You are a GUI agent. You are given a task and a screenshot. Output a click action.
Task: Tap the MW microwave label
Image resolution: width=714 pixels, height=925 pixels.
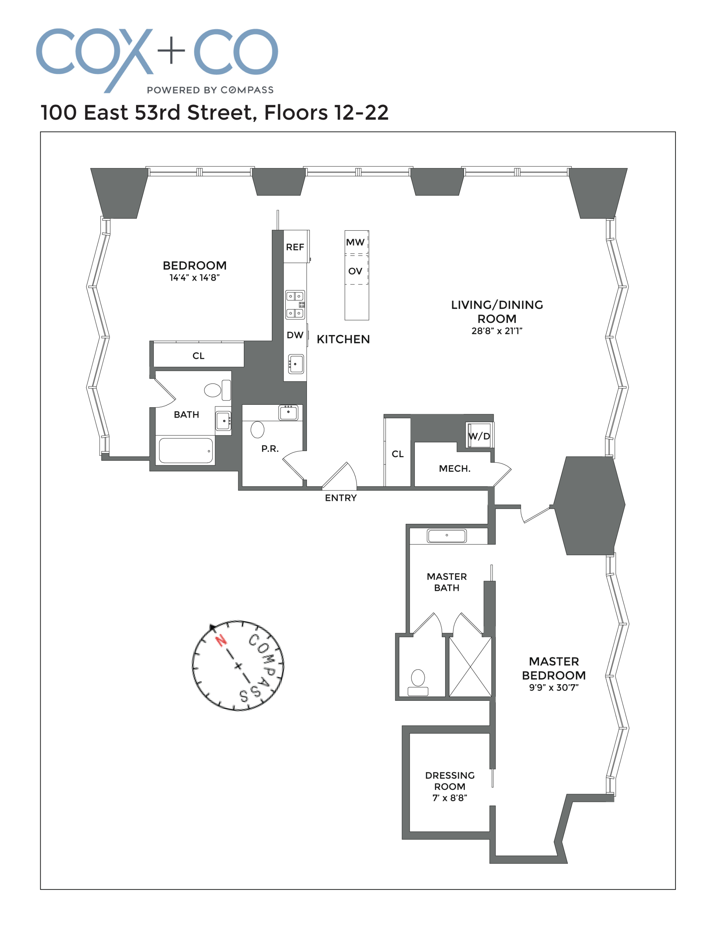[355, 242]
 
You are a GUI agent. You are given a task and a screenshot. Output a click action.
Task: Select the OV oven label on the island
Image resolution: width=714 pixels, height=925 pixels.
[355, 271]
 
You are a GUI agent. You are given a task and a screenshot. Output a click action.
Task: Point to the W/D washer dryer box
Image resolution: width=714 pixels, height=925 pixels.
[479, 436]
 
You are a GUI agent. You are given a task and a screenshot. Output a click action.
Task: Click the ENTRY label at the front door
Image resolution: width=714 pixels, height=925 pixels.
[341, 498]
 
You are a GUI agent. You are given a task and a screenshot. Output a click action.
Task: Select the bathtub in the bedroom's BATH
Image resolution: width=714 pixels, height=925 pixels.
[186, 451]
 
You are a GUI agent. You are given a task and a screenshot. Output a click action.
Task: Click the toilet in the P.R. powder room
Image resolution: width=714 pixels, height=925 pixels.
[257, 429]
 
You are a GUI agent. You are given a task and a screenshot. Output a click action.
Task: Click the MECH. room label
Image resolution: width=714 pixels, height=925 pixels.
[455, 468]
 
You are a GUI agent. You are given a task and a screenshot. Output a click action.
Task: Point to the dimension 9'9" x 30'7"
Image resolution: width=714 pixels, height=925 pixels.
[554, 687]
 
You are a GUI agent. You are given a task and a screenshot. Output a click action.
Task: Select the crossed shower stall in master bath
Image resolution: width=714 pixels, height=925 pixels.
[470, 667]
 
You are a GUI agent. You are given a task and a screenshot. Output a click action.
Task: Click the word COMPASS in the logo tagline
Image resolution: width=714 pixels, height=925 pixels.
[247, 90]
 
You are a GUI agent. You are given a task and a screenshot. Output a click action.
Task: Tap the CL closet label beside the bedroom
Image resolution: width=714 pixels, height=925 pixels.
[198, 356]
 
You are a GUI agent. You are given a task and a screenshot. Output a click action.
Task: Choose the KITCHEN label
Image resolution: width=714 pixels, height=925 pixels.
[343, 339]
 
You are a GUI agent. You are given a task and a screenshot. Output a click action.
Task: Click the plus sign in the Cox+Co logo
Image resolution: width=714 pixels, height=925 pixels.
[171, 50]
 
